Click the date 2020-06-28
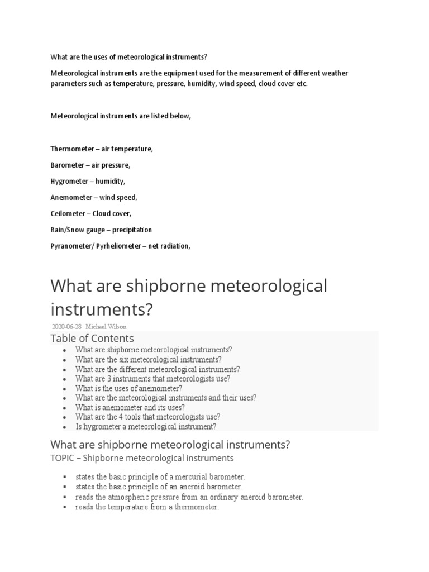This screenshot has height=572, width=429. [66, 327]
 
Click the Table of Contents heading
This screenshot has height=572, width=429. [92, 339]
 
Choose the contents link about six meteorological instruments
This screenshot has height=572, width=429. [148, 360]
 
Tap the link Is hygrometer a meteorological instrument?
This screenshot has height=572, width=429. [145, 426]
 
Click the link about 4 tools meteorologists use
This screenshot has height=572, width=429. [147, 417]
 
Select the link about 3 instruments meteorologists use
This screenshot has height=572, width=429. [152, 379]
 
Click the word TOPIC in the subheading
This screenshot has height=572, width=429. [63, 458]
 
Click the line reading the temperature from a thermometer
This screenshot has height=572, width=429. [147, 507]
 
